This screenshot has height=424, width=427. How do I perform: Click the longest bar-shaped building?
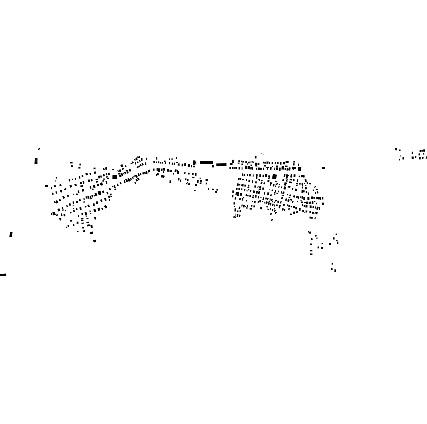pyautogui.click(x=207, y=162)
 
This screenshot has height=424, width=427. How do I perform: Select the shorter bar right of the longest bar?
pyautogui.click(x=221, y=165)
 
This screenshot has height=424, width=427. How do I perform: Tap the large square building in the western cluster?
pyautogui.click(x=115, y=177)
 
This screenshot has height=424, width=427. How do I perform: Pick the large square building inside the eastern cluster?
pyautogui.click(x=275, y=176)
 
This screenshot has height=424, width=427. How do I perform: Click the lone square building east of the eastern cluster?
pyautogui.click(x=323, y=168)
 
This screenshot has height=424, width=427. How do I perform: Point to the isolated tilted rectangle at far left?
pyautogui.click(x=11, y=234)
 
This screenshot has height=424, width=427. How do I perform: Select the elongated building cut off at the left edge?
pyautogui.click(x=3, y=275)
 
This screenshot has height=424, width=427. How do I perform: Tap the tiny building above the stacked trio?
pyautogui.click(x=39, y=149)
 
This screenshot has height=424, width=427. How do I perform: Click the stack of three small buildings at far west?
pyautogui.click(x=36, y=161)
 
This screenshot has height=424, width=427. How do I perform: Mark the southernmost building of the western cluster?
pyautogui.click(x=95, y=241)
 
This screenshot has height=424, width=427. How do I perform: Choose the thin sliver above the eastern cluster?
pyautogui.click(x=262, y=154)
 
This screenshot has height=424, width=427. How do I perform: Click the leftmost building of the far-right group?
pyautogui.click(x=396, y=149)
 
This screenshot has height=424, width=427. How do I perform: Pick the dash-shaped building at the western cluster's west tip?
pyautogui.click(x=46, y=186)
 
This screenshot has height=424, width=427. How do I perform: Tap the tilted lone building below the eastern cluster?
pyautogui.click(x=272, y=220)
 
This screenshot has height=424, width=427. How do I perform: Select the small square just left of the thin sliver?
pyautogui.click(x=256, y=157)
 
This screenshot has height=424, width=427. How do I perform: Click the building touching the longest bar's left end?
pyautogui.click(x=195, y=162)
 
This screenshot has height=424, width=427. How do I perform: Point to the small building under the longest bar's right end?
pyautogui.click(x=213, y=166)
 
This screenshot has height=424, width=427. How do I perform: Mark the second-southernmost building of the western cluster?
pyautogui.click(x=91, y=233)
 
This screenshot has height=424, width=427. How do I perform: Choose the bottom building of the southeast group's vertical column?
pyautogui.click(x=311, y=254)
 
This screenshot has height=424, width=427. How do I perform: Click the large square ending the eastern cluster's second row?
pyautogui.click(x=299, y=169)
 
